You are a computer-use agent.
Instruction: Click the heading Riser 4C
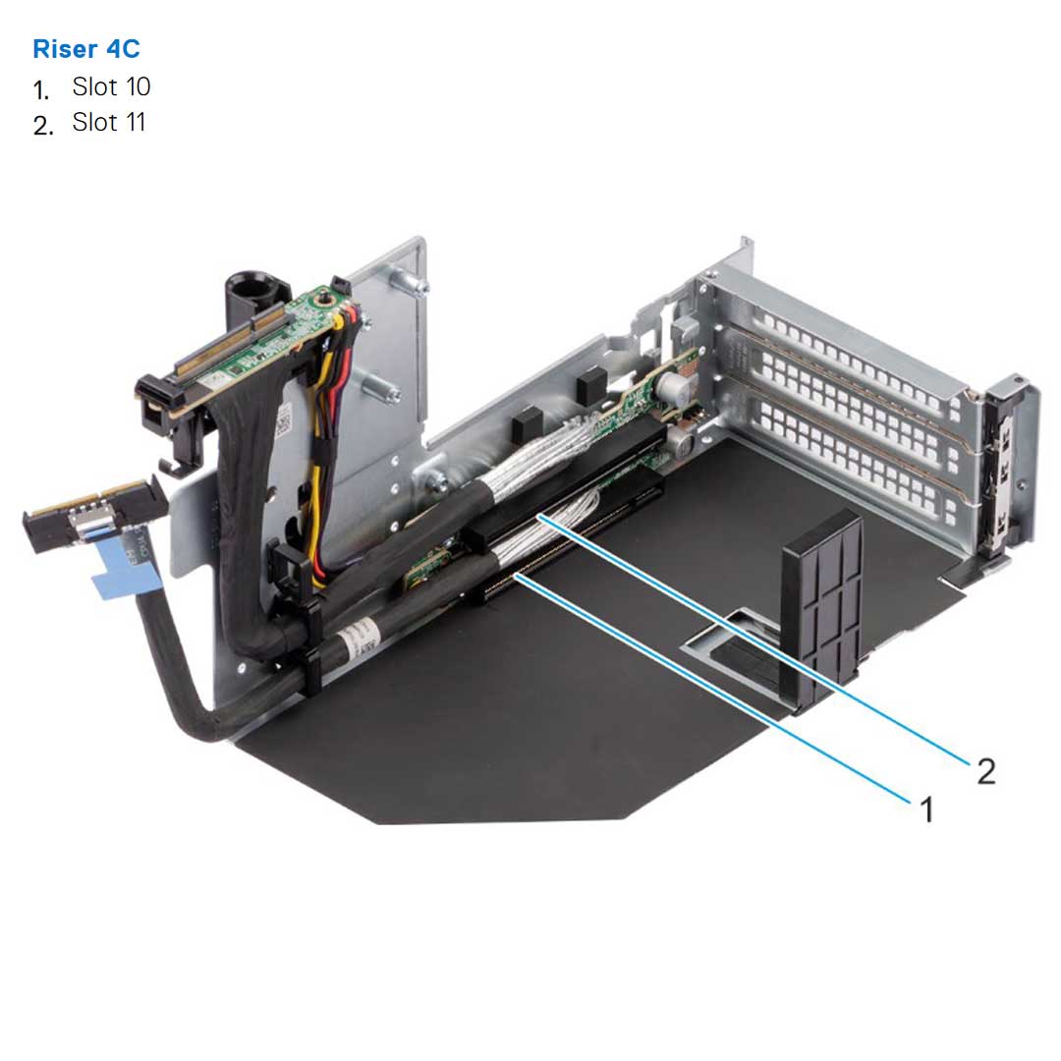[x=86, y=49]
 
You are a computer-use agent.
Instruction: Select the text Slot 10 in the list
[x=111, y=87]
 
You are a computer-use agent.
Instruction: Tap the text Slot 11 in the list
[x=109, y=123]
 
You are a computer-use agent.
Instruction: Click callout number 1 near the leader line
[x=924, y=810]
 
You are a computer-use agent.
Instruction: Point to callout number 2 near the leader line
[x=985, y=771]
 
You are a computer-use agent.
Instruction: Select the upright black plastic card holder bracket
[x=822, y=609]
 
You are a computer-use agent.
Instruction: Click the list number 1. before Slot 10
[x=41, y=90]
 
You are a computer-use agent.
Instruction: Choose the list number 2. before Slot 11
[x=42, y=126]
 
